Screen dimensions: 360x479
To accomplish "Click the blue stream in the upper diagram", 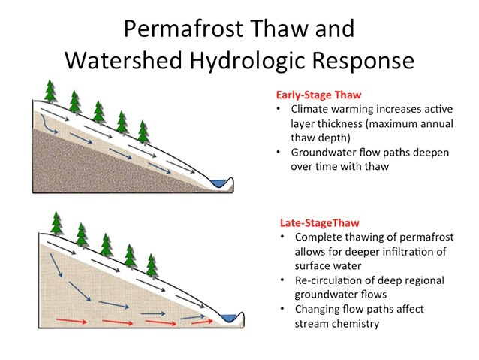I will pyautogui.click(x=220, y=183).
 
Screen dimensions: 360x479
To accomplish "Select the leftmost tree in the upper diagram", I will pyautogui.click(x=50, y=90).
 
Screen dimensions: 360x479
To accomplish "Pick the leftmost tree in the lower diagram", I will pyautogui.click(x=56, y=223).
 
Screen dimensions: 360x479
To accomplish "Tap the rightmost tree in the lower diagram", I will pyautogui.click(x=152, y=265).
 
